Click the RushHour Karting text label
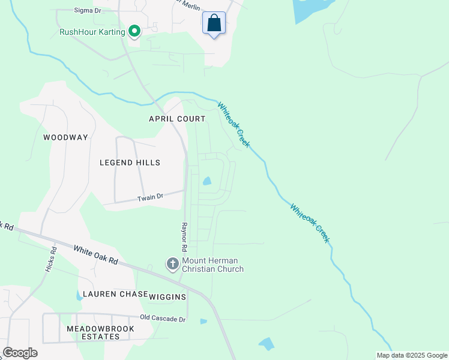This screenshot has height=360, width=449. (92, 32)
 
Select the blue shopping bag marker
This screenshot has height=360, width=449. (214, 23)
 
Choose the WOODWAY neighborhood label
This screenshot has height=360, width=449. (65, 137)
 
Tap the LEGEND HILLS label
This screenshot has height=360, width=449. (130, 163)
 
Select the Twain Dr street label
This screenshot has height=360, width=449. (150, 197)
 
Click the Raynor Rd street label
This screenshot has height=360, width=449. (184, 238)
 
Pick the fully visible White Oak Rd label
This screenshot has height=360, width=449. (96, 255)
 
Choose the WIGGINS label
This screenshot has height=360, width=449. (168, 296)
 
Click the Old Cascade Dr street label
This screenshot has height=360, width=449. (163, 319)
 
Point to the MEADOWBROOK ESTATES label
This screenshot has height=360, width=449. (100, 333)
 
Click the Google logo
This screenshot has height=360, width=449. (20, 353)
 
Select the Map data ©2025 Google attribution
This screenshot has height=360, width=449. (412, 355)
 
